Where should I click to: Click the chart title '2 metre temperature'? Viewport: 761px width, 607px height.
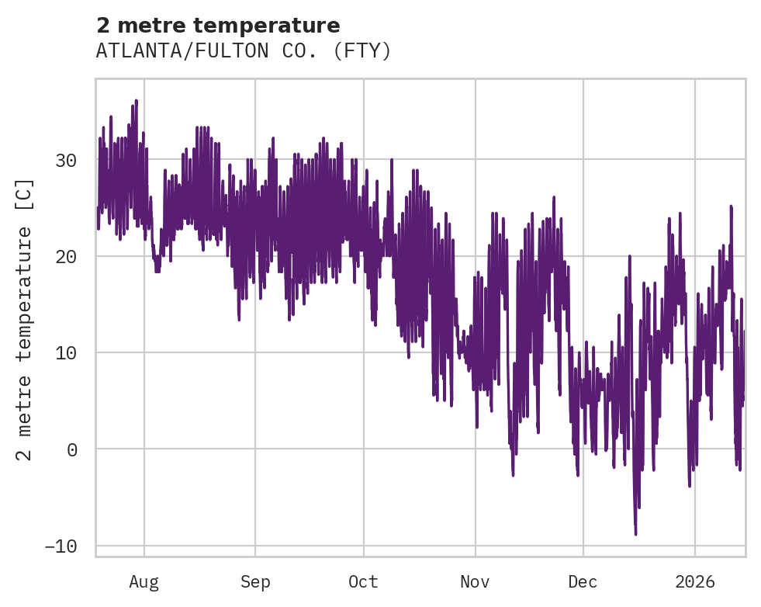pyautogui.click(x=218, y=26)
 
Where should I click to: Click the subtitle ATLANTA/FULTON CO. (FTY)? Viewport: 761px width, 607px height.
pyautogui.click(x=244, y=51)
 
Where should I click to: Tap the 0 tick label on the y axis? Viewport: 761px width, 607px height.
pyautogui.click(x=72, y=449)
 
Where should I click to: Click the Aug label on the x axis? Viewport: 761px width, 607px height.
pyautogui.click(x=144, y=582)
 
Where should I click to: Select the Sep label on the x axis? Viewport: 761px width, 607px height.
pyautogui.click(x=254, y=582)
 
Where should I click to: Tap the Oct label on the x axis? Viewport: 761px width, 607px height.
pyautogui.click(x=363, y=582)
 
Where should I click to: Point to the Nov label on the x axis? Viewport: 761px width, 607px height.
pyautogui.click(x=475, y=582)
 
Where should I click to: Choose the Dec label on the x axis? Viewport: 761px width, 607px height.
pyautogui.click(x=583, y=582)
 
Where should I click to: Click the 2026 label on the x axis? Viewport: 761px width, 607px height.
pyautogui.click(x=694, y=582)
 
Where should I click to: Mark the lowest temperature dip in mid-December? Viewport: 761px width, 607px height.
pyautogui.click(x=635, y=533)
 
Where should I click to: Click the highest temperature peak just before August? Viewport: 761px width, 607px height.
pyautogui.click(x=137, y=101)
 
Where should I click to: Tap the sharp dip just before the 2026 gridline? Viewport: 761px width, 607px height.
pyautogui.click(x=689, y=485)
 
